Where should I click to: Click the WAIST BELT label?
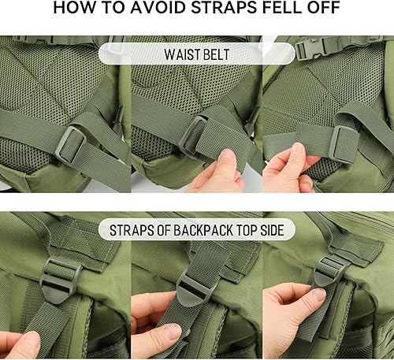coord(197,56)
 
